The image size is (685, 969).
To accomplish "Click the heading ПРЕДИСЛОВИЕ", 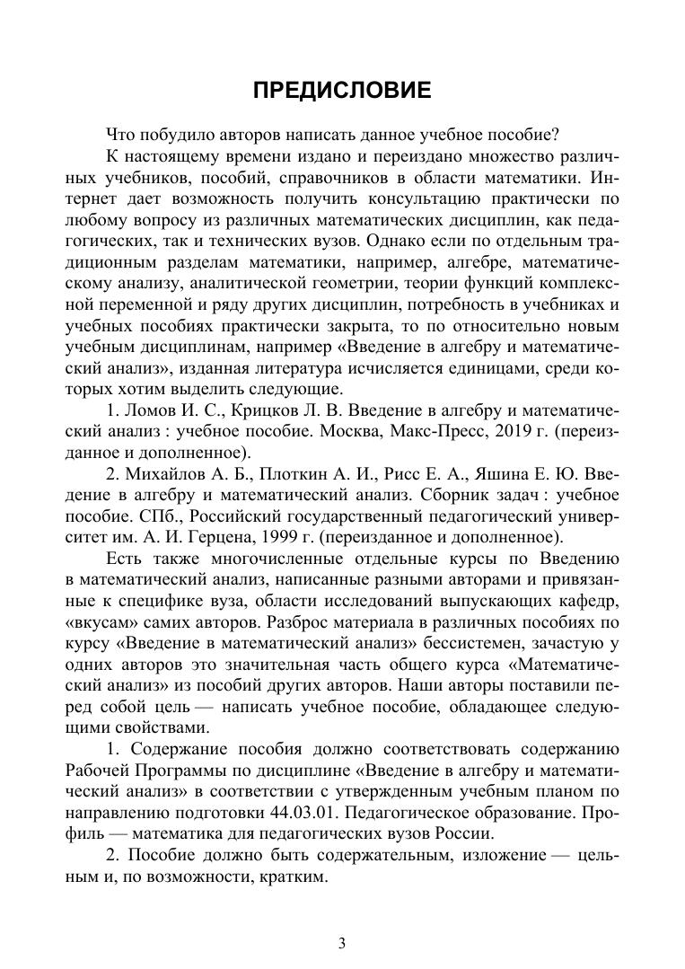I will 342,91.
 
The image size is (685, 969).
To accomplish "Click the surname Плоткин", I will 270,473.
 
